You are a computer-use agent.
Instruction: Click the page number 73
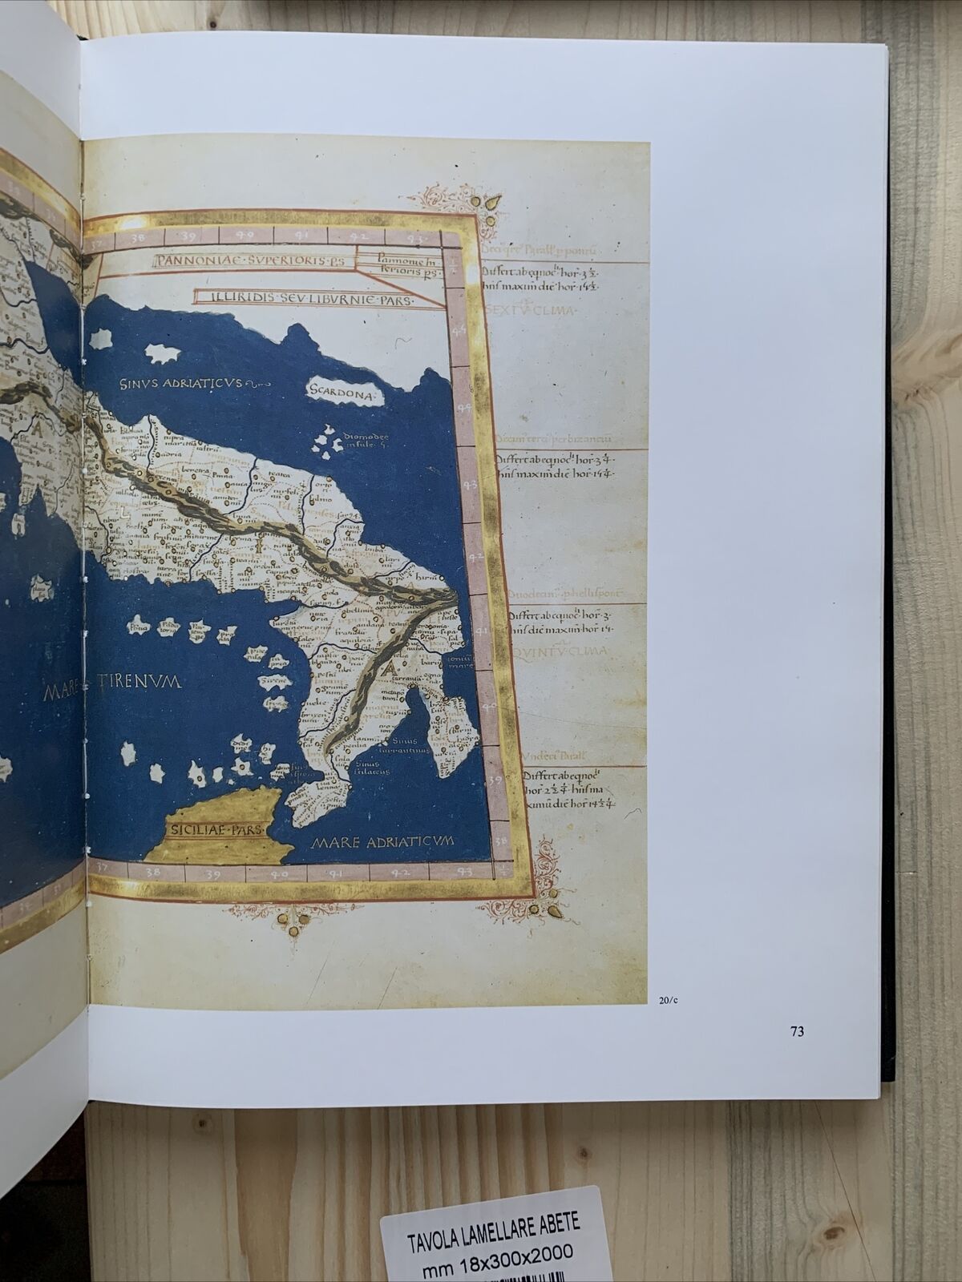tap(796, 1031)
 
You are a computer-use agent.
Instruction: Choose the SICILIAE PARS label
tap(214, 830)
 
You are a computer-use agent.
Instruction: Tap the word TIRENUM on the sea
tap(141, 682)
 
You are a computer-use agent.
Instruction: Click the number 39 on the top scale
tap(190, 236)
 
